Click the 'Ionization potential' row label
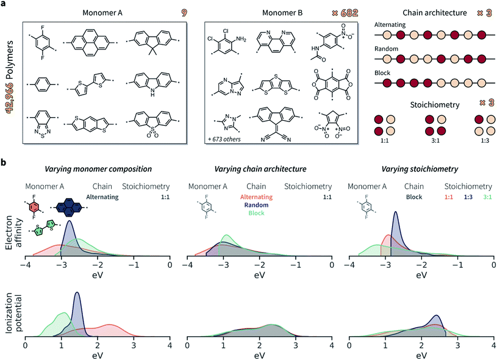[12, 322]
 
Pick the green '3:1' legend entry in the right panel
[486, 197]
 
